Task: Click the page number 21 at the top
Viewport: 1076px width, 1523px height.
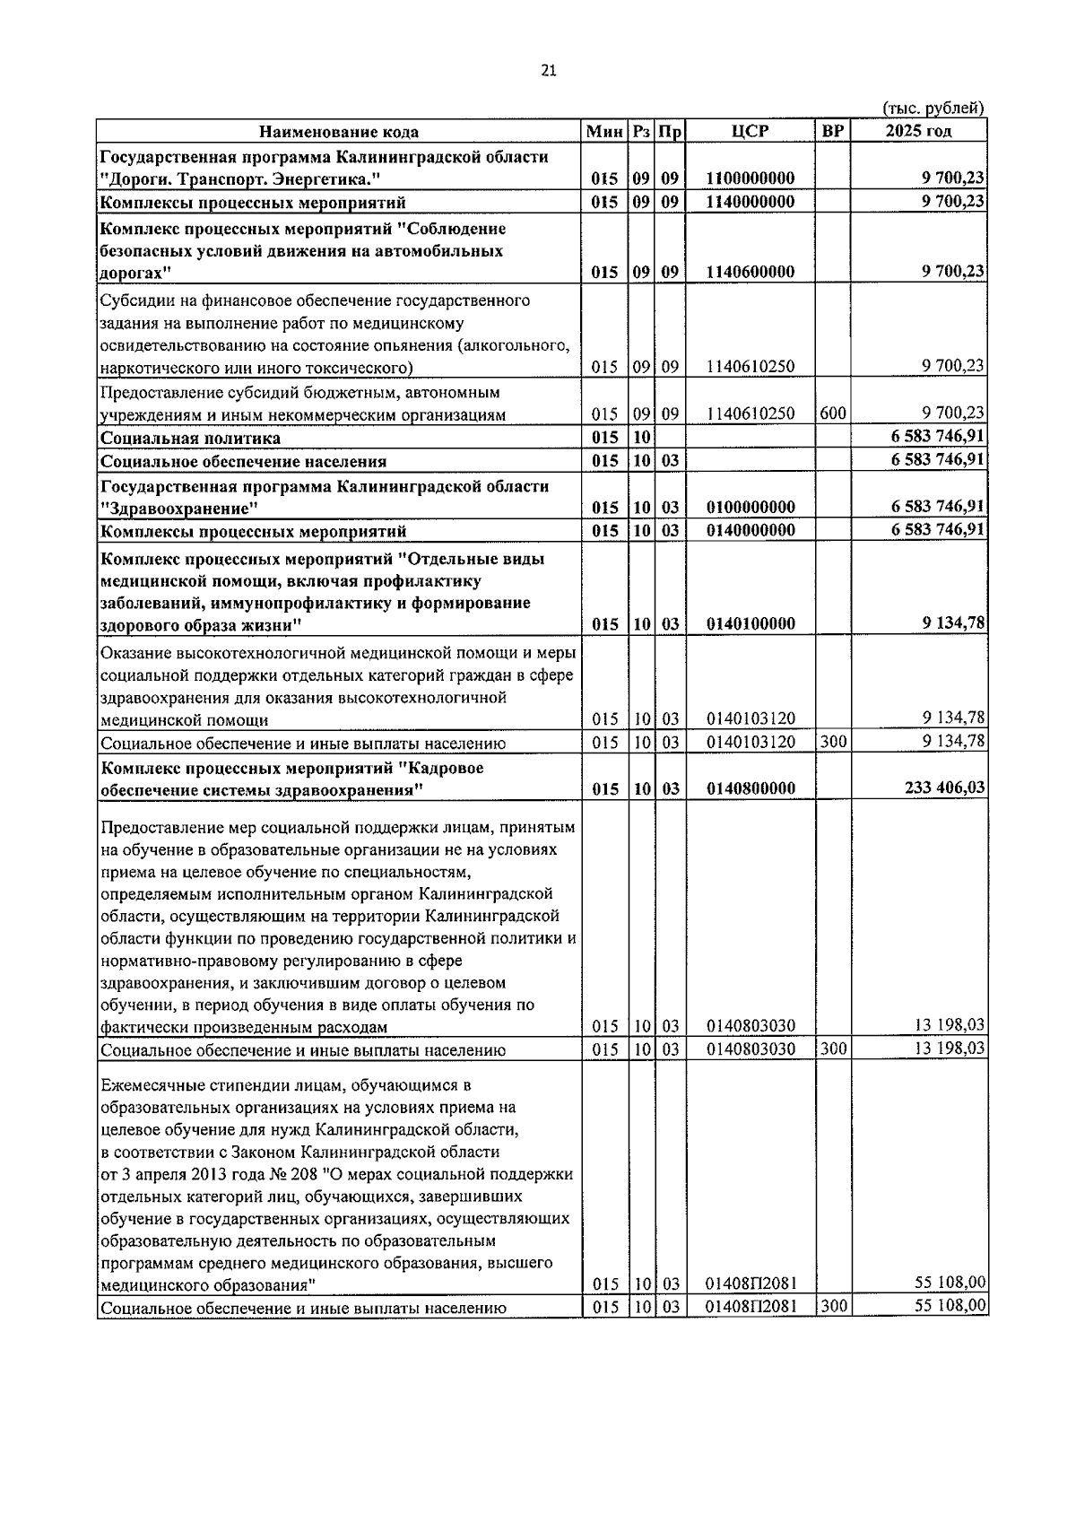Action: pos(550,72)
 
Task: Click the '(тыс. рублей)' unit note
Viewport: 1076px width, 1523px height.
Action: pos(933,109)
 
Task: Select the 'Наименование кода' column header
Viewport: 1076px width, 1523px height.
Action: pos(339,132)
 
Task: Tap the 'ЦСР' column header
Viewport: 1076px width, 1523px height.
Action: pos(750,131)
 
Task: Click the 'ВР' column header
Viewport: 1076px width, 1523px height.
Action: pos(832,131)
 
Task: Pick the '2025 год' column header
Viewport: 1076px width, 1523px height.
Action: pos(918,131)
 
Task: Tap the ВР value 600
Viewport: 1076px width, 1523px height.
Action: pos(832,413)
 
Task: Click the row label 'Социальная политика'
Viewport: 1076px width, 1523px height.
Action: pos(191,439)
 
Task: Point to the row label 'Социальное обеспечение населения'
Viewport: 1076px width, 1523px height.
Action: pos(244,462)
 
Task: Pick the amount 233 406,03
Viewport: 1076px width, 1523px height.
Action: pos(940,788)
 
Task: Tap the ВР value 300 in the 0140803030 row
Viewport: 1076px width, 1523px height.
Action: pos(832,1049)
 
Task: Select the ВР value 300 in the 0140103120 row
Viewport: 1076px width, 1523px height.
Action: pos(832,742)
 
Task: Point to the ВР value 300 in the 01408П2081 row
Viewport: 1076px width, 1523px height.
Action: pos(832,1306)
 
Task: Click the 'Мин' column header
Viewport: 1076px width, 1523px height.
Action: pos(604,132)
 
